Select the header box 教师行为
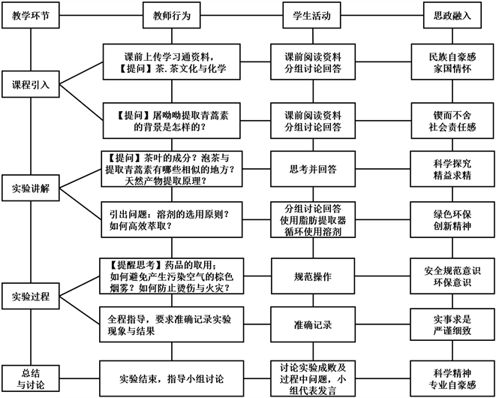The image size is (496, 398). coord(170,15)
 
